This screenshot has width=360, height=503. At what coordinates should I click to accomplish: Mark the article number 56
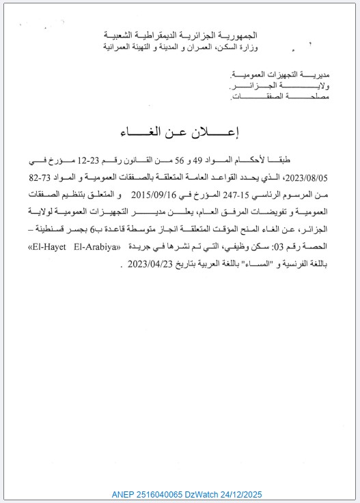coord(180,161)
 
